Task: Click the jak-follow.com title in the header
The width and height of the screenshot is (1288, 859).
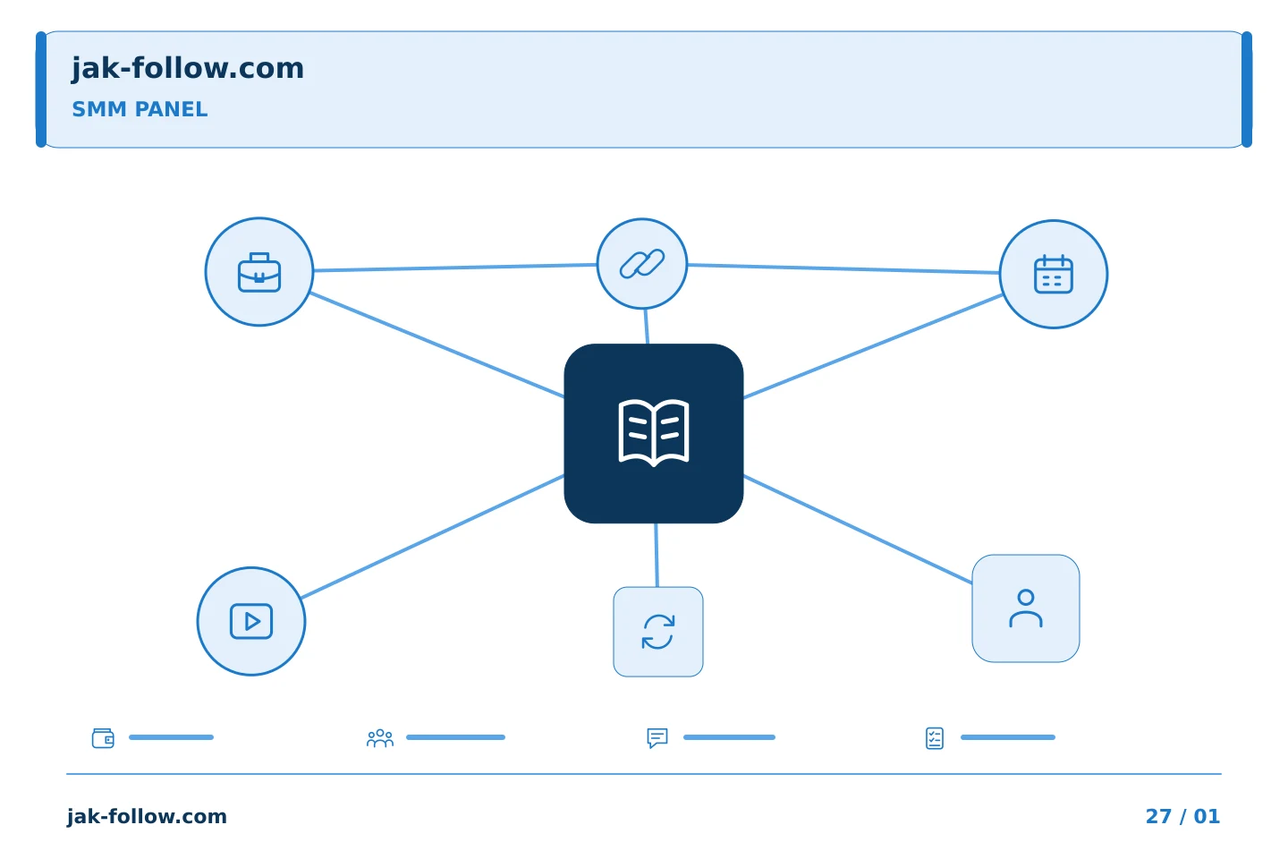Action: click(x=188, y=69)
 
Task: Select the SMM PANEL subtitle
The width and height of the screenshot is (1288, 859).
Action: click(x=140, y=109)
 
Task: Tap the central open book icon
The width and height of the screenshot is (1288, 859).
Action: click(x=654, y=433)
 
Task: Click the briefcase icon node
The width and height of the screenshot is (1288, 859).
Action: click(x=259, y=271)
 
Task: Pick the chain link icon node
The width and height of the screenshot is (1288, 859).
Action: click(x=642, y=264)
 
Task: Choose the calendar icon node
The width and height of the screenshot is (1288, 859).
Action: click(x=1054, y=274)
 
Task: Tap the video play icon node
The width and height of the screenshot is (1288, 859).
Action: click(x=251, y=621)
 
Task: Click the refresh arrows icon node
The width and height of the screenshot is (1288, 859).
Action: click(x=658, y=632)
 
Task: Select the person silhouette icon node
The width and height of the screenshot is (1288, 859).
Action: click(x=1026, y=608)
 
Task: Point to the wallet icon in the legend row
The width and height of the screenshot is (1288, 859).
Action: click(x=104, y=738)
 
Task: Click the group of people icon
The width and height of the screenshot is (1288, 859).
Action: click(x=380, y=738)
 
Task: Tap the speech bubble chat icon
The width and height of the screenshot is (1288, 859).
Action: click(x=657, y=737)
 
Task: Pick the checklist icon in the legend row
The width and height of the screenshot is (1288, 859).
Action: click(x=935, y=738)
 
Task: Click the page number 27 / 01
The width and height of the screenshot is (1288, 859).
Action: click(x=1182, y=816)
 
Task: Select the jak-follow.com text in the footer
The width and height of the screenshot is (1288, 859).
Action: click(x=147, y=817)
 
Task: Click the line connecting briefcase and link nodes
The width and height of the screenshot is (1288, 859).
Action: click(x=454, y=268)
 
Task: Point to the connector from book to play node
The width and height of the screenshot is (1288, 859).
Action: click(x=432, y=537)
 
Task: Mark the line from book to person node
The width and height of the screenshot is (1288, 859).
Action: click(x=858, y=530)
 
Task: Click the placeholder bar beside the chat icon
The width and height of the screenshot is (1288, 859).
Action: click(x=729, y=737)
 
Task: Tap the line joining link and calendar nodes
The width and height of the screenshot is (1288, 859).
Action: click(x=843, y=268)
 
